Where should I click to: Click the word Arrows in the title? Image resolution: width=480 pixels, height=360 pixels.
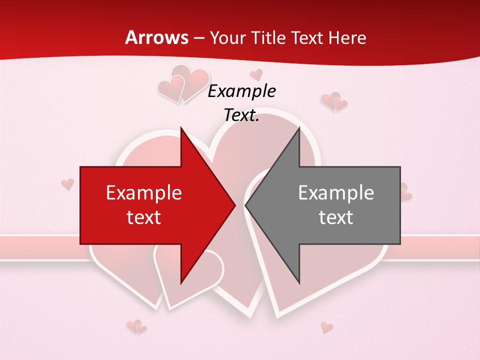156,37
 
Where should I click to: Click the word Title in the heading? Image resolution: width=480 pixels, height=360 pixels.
268,37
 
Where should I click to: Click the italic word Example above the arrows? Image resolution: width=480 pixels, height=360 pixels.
241,91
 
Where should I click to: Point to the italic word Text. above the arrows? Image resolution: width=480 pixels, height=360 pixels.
241,115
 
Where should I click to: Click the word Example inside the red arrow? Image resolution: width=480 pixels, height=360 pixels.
144,192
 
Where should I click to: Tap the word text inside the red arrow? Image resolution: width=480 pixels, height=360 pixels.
144,217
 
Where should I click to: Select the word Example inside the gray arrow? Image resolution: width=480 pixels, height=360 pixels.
336,192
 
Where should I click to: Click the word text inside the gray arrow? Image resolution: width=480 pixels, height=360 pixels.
336,217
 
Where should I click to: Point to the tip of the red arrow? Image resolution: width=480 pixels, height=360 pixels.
235,205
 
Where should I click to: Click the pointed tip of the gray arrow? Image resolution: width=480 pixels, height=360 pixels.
245,205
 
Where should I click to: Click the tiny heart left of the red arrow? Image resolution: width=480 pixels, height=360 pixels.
67,184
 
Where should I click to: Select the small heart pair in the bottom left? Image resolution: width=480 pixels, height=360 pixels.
136,327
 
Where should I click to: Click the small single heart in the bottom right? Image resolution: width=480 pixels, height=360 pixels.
326,327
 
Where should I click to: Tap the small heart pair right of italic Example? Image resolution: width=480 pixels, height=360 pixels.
334,101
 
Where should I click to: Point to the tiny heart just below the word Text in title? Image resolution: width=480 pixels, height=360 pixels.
256,75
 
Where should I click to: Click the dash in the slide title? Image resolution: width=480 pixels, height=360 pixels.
198,38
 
